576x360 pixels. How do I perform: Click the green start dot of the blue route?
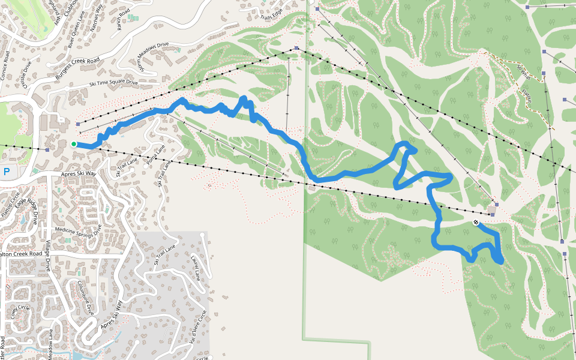click(73, 144)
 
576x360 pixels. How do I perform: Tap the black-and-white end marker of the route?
click(476, 223)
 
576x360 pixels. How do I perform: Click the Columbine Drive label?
click(85, 298)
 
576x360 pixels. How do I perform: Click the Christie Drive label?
click(22, 73)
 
